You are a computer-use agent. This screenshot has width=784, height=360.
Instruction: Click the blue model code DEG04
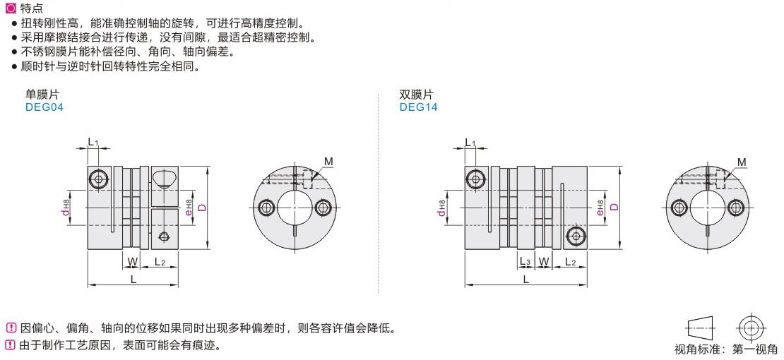(44, 107)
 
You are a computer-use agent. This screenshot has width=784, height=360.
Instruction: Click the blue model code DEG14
(419, 107)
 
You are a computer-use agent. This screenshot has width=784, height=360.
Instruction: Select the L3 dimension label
(525, 261)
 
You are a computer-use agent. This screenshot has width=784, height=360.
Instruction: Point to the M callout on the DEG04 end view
(328, 162)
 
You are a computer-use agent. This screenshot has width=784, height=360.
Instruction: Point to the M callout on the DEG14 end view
(742, 162)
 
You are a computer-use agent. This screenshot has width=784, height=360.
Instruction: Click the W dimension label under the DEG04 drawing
(133, 261)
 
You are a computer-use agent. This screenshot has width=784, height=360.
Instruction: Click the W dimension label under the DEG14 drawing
(544, 261)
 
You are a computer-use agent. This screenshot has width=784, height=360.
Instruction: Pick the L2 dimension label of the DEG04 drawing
(160, 261)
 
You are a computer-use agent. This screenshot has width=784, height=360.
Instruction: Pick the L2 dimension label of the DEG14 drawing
(571, 261)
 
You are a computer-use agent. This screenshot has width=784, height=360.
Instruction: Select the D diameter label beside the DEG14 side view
(614, 206)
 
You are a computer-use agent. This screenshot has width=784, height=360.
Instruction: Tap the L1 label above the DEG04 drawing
(93, 143)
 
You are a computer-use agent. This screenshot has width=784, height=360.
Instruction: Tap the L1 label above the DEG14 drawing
(470, 143)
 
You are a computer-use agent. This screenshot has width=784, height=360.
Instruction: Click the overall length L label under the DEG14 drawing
(526, 280)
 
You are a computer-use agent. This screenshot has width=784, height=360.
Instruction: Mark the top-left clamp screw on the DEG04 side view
(98, 178)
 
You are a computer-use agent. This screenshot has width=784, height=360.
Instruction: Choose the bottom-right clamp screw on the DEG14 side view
(576, 236)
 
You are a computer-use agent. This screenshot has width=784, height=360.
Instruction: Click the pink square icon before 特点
(11, 8)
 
